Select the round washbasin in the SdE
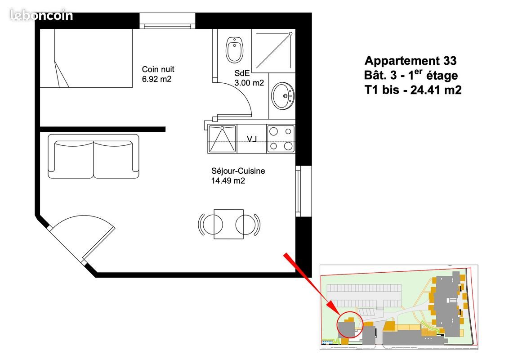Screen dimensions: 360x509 click(283, 95)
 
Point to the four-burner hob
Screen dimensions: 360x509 click(281, 139)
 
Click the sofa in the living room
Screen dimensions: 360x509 click(94, 156)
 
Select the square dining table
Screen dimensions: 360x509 click(228, 224)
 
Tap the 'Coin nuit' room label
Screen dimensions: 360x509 click(158, 69)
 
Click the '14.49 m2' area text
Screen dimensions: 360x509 click(228, 181)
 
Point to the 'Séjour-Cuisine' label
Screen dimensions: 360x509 click(238, 171)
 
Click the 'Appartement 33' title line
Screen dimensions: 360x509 click(411, 60)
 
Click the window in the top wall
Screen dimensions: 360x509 click(167, 21)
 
